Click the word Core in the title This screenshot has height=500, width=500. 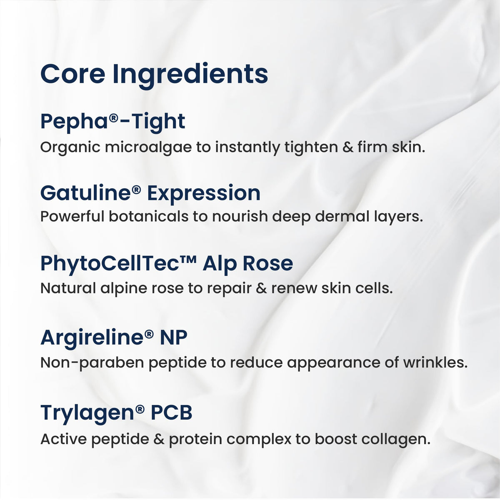click(72, 75)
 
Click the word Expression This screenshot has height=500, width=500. click(204, 195)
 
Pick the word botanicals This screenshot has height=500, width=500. click(148, 216)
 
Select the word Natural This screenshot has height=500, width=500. click(68, 288)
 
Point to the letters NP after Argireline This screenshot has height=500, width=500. click(174, 338)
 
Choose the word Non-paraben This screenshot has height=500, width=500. click(92, 363)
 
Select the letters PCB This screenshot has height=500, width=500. click(172, 413)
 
